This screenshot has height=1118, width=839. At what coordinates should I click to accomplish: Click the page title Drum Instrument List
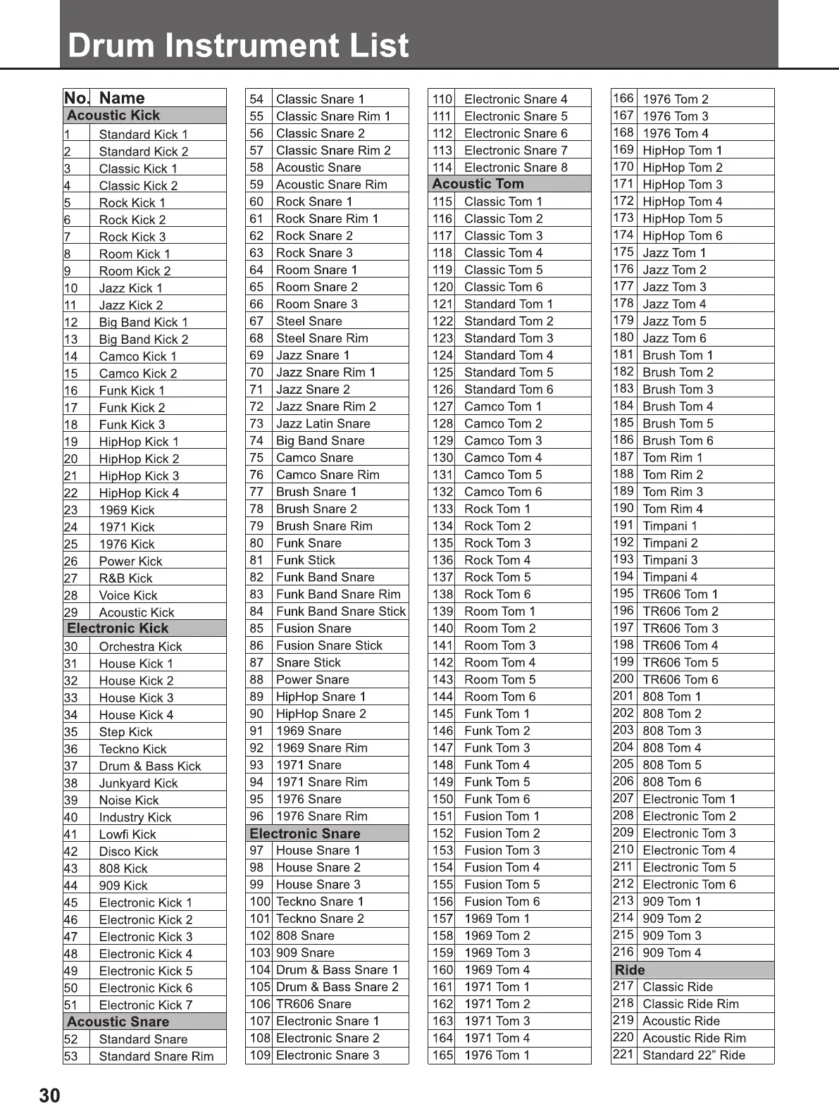[238, 45]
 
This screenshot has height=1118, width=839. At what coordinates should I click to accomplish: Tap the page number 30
[49, 1095]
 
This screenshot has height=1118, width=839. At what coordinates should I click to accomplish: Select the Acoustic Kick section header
[113, 116]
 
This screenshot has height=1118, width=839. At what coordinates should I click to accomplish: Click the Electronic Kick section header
[118, 628]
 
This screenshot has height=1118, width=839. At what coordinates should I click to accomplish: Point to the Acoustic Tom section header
[478, 184]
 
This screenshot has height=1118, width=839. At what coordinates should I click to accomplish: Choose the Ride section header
[630, 970]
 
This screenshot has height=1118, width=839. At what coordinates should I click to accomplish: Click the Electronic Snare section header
[305, 833]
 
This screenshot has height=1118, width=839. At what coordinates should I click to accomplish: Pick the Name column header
[122, 98]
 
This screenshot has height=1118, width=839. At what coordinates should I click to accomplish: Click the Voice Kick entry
[128, 595]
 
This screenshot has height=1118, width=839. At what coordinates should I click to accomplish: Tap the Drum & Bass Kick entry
[150, 766]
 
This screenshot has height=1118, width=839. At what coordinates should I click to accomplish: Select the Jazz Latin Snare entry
[323, 423]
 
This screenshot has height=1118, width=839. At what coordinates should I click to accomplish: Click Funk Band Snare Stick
[341, 611]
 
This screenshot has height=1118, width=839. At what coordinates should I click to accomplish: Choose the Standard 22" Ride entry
[693, 1055]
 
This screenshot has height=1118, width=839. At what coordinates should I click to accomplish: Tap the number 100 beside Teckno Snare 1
[259, 902]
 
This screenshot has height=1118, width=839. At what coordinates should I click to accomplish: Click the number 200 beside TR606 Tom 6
[623, 679]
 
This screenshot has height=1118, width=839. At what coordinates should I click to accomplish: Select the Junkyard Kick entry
[138, 783]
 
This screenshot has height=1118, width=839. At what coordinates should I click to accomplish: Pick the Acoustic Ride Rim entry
[694, 1038]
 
